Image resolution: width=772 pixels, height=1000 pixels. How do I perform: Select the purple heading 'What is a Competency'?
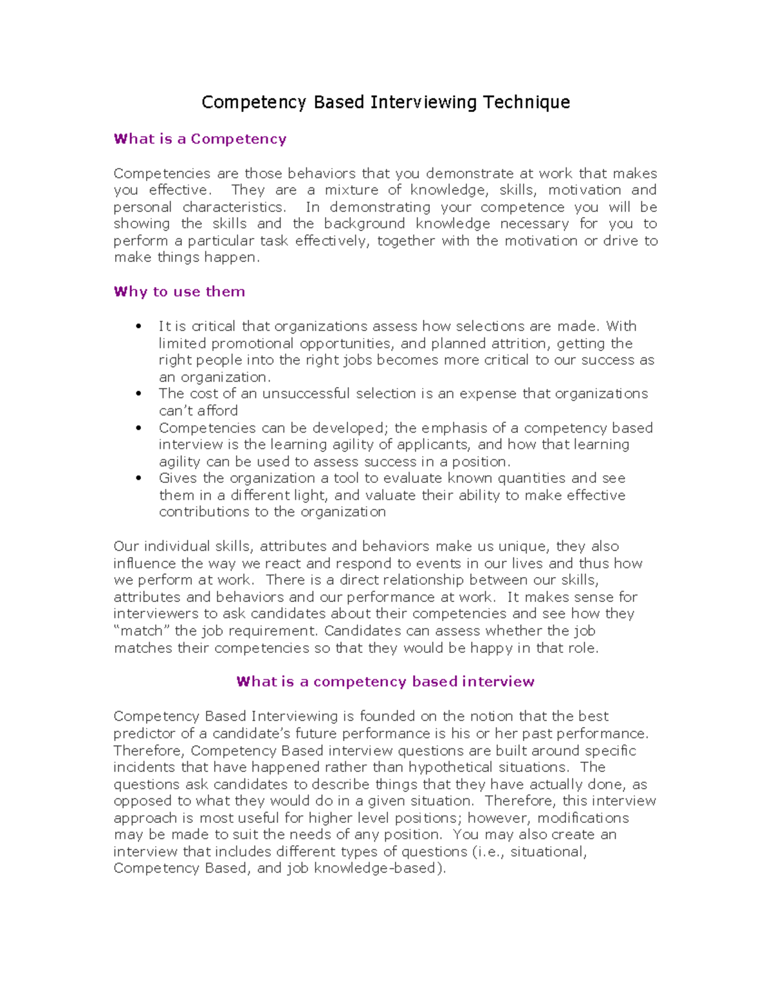[200, 139]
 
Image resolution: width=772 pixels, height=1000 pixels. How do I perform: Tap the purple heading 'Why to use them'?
[179, 292]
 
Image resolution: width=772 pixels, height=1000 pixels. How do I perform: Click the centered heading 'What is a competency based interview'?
[385, 682]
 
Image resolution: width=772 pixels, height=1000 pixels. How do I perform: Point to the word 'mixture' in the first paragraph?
[351, 190]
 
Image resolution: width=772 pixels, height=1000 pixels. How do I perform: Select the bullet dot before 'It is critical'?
[138, 326]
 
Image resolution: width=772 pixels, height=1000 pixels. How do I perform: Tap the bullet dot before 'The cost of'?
[138, 394]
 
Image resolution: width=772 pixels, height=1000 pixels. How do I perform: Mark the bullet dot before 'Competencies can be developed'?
[138, 428]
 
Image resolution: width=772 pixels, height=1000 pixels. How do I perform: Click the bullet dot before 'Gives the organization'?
[138, 478]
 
